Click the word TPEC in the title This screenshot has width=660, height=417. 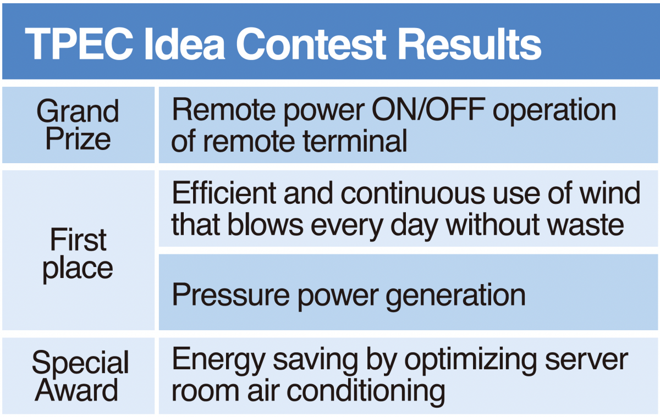pos(79,44)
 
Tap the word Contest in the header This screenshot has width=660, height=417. pos(311,44)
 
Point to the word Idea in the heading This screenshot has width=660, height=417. pos(185,44)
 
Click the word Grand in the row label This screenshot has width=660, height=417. pos(78,111)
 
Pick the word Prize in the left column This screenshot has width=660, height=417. pos(78,139)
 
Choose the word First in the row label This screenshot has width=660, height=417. pos(78,240)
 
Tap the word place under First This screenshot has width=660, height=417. pos(78,269)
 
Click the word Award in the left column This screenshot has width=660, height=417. pos(76,390)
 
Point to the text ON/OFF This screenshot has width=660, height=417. pos(428,109)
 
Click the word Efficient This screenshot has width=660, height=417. pos(224,193)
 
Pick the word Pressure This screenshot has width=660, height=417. pos(231,295)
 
